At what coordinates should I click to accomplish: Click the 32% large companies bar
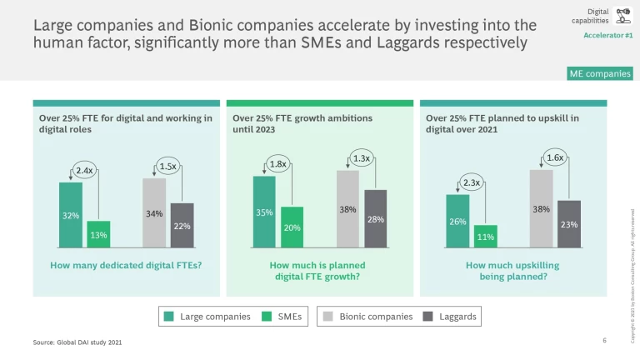[x=71, y=215]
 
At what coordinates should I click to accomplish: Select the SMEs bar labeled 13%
[x=98, y=234]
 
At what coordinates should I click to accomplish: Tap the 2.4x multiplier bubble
[x=84, y=171]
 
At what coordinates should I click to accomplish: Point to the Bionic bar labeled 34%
[x=154, y=213]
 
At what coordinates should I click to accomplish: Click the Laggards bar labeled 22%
[x=182, y=225]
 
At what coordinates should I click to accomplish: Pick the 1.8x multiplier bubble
[x=278, y=164]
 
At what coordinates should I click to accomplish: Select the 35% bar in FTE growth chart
[x=264, y=212]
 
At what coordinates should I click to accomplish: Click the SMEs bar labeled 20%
[x=292, y=227]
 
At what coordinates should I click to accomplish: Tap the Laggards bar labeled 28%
[x=375, y=218]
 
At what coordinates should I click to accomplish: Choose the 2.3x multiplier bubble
[x=472, y=182]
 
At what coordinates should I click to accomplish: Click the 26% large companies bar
[x=457, y=221]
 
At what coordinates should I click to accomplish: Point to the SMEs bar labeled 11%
[x=485, y=236]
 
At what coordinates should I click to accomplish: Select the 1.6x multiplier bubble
[x=555, y=157]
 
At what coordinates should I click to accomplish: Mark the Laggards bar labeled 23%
[x=568, y=223]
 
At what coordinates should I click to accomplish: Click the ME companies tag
[x=600, y=74]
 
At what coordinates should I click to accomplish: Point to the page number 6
[x=604, y=341]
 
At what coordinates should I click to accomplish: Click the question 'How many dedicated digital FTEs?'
[x=126, y=265]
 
